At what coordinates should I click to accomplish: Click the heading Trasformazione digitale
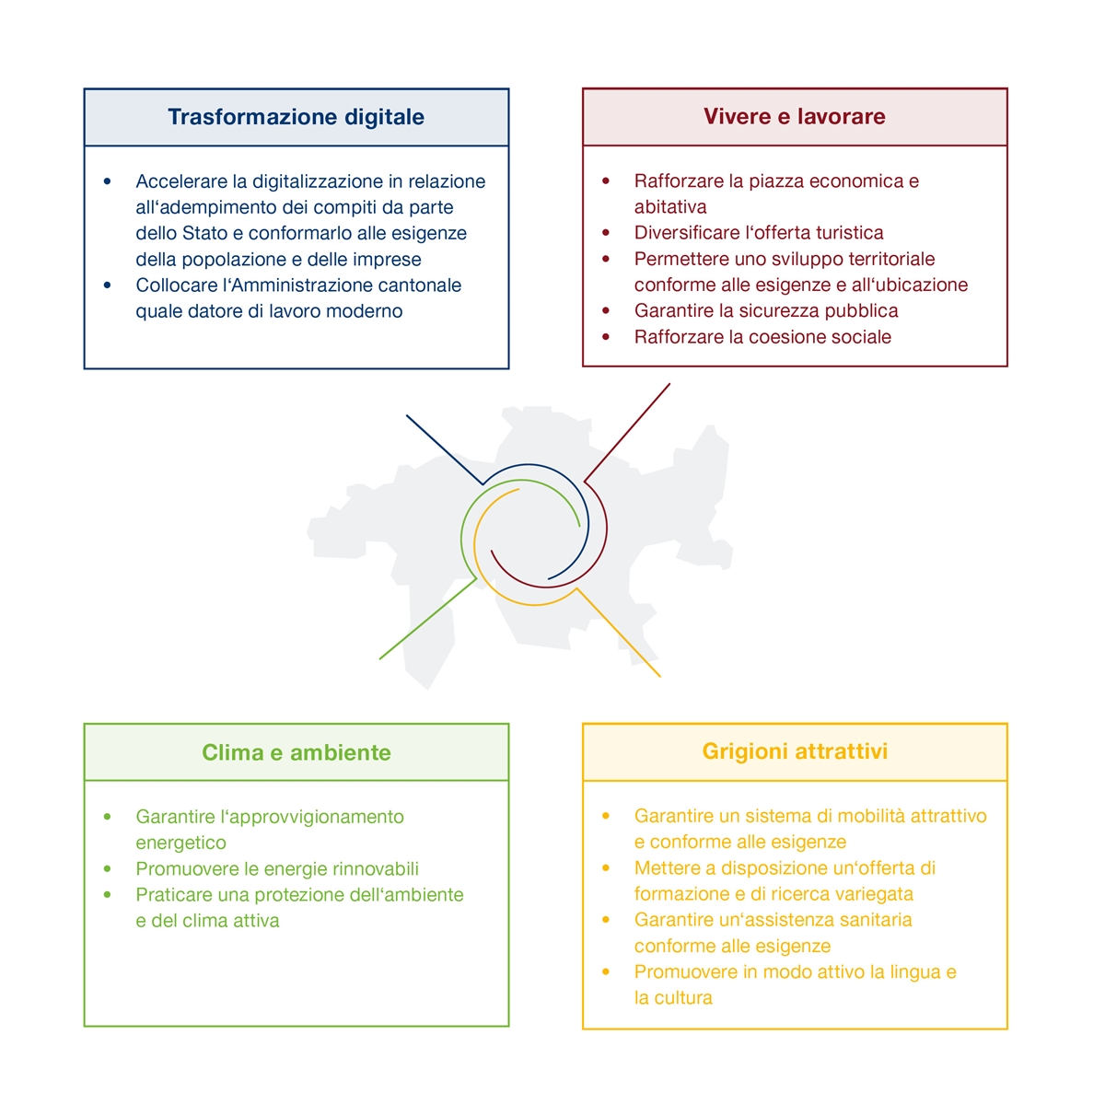click(x=296, y=117)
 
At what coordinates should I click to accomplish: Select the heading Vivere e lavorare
click(x=794, y=117)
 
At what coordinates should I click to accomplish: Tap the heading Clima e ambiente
click(x=296, y=752)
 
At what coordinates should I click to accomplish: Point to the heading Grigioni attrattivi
click(x=795, y=751)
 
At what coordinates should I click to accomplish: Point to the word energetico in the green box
click(x=180, y=843)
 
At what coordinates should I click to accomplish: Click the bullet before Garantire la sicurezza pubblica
click(x=606, y=311)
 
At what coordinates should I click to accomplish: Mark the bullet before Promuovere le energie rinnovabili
click(x=108, y=869)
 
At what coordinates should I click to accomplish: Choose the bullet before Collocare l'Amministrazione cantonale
click(x=108, y=285)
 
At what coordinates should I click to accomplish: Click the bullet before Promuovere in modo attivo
click(x=606, y=972)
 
